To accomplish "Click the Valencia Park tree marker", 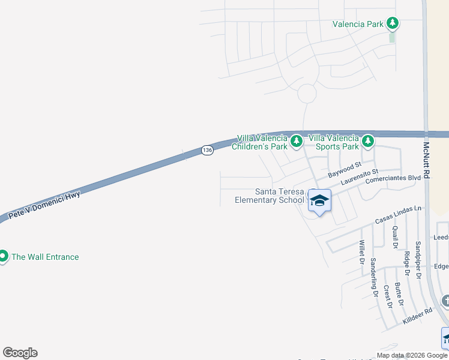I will (393, 24).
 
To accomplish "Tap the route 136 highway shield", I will (207, 150).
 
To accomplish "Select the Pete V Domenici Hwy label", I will (44, 205).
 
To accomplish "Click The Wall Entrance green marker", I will (2, 257).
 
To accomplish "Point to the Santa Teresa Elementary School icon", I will (319, 200).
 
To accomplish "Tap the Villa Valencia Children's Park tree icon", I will (296, 142).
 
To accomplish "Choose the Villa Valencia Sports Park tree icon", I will (368, 142).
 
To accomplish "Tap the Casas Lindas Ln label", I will (399, 214).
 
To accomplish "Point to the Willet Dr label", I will (362, 252).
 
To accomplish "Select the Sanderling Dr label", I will (374, 277).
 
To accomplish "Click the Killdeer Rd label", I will (417, 317).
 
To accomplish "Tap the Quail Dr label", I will (394, 237).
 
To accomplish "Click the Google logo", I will (20, 353).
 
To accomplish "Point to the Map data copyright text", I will (412, 355).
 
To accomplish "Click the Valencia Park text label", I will (358, 25).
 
